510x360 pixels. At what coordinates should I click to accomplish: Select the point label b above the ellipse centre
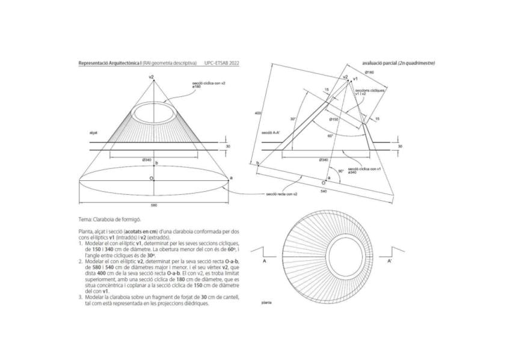point(156,163)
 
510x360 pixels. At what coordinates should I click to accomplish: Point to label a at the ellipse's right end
point(232,178)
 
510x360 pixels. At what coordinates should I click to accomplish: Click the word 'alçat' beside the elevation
point(93,132)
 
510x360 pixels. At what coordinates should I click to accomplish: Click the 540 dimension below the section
point(323,191)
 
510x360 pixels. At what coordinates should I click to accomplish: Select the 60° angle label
point(330,136)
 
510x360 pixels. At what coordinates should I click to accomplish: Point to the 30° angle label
point(293,119)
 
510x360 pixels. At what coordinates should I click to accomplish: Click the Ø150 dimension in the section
point(334,120)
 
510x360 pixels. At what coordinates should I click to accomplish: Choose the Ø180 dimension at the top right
point(369,73)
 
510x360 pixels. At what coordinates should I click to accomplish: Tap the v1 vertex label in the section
point(356,79)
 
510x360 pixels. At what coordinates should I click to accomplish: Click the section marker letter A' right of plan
point(390,262)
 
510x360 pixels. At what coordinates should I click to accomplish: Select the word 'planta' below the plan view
point(266,302)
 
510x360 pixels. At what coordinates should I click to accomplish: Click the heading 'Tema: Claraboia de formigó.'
point(105,221)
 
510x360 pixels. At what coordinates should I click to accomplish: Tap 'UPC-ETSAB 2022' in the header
point(221,63)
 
